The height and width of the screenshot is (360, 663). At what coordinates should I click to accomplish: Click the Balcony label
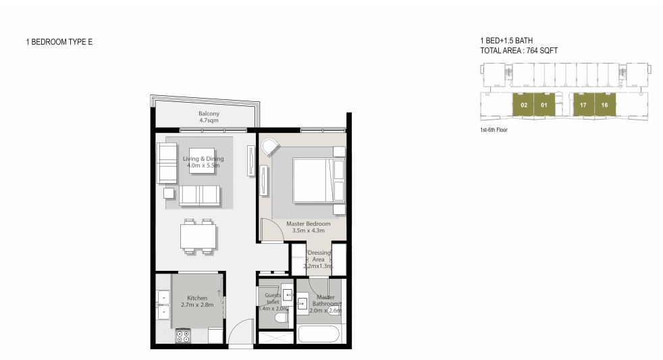(209, 117)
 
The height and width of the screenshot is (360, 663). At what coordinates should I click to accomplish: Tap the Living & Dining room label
(203, 162)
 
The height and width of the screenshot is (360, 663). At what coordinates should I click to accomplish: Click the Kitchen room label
(197, 301)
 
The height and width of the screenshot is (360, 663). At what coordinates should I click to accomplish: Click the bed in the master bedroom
(314, 180)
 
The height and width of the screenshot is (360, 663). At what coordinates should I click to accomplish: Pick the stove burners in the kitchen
(184, 336)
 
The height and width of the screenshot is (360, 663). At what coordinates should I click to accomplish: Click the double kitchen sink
(162, 304)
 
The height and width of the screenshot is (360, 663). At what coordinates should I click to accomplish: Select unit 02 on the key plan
(524, 105)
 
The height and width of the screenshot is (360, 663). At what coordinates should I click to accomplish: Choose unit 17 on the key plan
(583, 105)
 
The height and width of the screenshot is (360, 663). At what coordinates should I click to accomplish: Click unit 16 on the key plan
(605, 105)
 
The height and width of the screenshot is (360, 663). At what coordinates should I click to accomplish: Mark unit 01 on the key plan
(544, 105)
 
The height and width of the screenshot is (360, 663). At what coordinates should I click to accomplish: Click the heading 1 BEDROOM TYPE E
(59, 42)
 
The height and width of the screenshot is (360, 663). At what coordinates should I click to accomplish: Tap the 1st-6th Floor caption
(494, 130)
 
